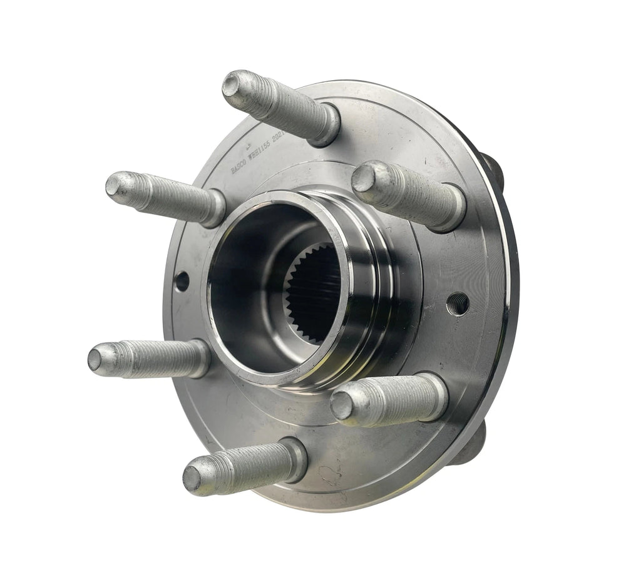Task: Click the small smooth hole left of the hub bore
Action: [x=182, y=281]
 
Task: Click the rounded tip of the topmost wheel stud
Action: [x=232, y=83]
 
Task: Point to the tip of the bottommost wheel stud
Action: [x=193, y=476]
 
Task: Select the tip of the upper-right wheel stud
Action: [x=363, y=178]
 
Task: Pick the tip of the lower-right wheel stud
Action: [x=342, y=405]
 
